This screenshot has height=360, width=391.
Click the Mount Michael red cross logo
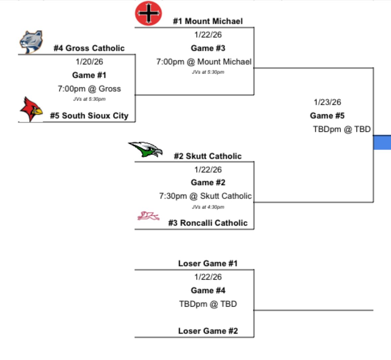pyautogui.click(x=148, y=14)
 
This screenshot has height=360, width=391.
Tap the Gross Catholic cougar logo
pyautogui.click(x=31, y=42)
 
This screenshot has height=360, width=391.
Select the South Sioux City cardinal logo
pyautogui.click(x=31, y=109)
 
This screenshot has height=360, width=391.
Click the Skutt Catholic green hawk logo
pyautogui.click(x=146, y=149)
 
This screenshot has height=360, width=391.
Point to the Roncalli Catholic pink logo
pyautogui.click(x=148, y=216)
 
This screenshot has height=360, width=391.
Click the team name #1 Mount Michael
pyautogui.click(x=208, y=21)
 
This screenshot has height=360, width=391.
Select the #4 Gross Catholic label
pyautogui.click(x=89, y=48)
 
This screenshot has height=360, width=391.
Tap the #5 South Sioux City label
pyautogui.click(x=89, y=116)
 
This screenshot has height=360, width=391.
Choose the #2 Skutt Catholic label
pyautogui.click(x=208, y=156)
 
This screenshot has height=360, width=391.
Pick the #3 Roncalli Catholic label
pyautogui.click(x=208, y=223)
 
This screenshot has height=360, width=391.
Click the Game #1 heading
pyautogui.click(x=89, y=75)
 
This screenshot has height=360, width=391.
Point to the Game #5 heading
pyautogui.click(x=327, y=116)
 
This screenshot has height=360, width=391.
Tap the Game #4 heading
pyautogui.click(x=208, y=291)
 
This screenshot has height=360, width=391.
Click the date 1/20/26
pyautogui.click(x=89, y=62)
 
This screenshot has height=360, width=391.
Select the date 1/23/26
pyautogui.click(x=327, y=102)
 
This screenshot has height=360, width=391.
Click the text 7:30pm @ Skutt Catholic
pyautogui.click(x=205, y=196)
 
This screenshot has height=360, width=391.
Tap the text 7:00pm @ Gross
pyautogui.click(x=89, y=89)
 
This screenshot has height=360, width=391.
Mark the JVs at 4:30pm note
pyautogui.click(x=208, y=207)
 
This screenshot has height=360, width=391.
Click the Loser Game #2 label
pyautogui.click(x=208, y=331)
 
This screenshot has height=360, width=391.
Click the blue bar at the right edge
pyautogui.click(x=382, y=142)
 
